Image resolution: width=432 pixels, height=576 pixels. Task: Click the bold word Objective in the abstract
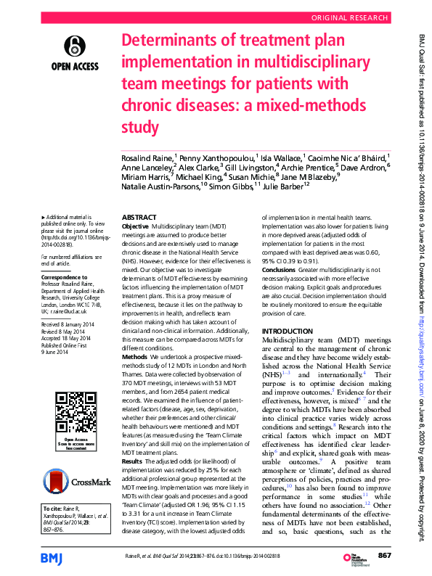[136, 227]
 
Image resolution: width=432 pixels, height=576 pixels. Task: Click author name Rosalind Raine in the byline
[147, 157]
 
